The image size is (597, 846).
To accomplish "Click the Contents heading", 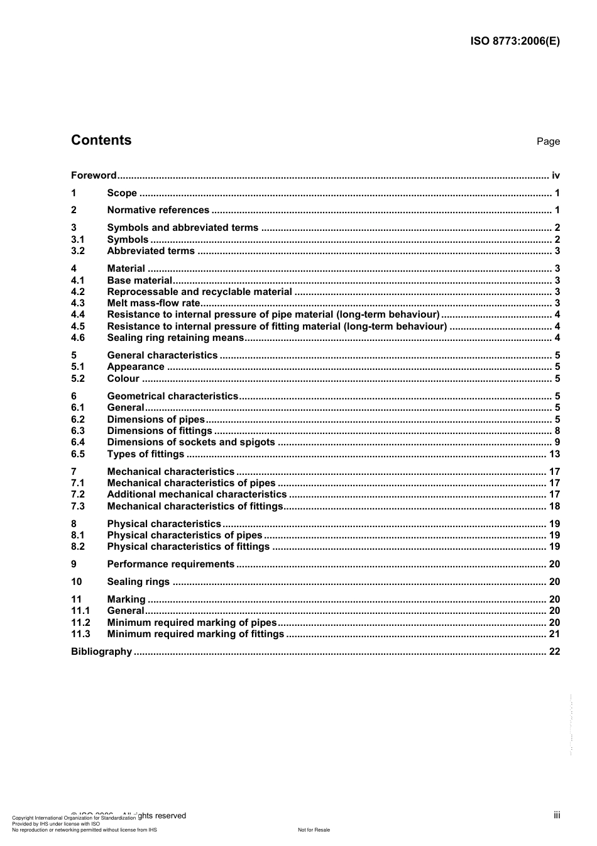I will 101,140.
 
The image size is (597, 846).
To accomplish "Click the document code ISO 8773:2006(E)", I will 515,42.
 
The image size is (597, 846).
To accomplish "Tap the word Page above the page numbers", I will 548,142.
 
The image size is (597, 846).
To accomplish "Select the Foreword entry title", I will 94,175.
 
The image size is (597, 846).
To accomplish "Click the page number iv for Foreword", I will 556,175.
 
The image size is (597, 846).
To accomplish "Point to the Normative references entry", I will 158,210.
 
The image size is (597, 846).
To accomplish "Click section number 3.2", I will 78,251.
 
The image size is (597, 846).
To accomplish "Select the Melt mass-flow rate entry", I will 153,303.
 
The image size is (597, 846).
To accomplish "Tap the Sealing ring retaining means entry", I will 175,338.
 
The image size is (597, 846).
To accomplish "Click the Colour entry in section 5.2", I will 123,379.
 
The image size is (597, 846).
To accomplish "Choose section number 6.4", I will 78,442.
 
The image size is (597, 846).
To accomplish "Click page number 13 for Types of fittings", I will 554,454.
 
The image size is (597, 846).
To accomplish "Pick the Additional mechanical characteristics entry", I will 197,494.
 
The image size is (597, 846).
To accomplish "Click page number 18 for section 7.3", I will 554,506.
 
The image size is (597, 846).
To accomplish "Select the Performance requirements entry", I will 170,564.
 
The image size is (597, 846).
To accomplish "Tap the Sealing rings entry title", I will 138,582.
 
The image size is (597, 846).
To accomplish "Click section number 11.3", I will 80,634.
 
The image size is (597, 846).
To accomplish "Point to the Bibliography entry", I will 101,652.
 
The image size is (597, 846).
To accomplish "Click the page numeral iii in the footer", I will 557,815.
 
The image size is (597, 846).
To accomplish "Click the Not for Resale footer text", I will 314,830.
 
